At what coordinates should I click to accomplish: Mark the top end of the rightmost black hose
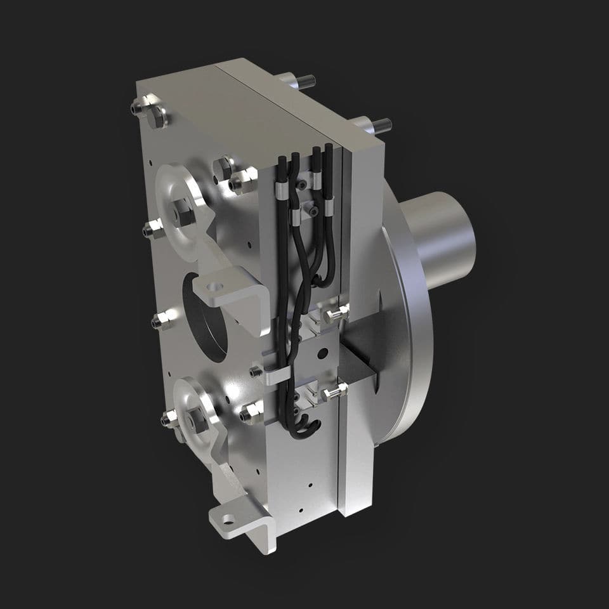click(328, 151)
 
